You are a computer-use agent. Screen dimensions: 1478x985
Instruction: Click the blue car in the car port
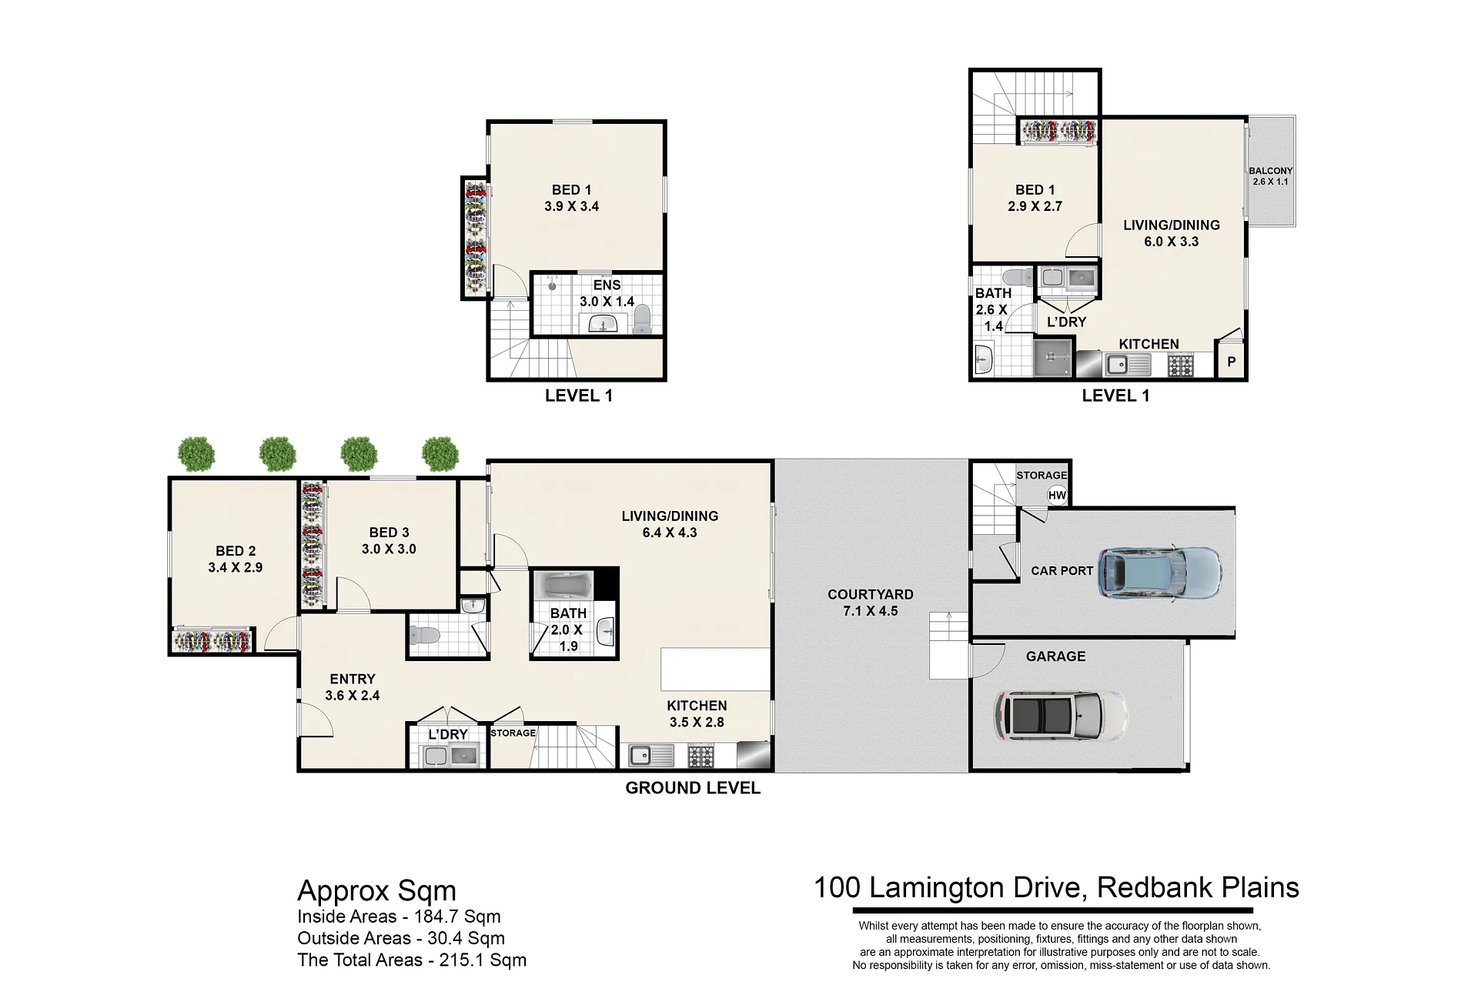click(1160, 573)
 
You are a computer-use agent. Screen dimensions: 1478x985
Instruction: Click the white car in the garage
click(1061, 716)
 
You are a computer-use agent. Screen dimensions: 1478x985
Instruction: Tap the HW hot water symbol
click(1057, 496)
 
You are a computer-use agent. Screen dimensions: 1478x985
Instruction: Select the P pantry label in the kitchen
click(1232, 361)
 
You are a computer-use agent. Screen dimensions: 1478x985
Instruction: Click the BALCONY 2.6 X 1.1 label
click(1270, 176)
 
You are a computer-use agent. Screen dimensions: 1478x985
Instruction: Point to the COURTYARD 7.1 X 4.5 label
click(871, 603)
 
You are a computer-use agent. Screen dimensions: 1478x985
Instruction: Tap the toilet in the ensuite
click(641, 319)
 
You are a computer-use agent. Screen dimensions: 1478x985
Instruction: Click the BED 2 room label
click(236, 551)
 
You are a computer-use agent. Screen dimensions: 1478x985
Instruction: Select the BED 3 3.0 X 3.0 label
click(389, 540)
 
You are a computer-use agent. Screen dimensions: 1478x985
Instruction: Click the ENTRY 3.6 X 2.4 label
click(353, 687)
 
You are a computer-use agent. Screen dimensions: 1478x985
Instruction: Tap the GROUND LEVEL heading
click(693, 788)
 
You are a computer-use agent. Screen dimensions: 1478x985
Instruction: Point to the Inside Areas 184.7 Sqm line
click(399, 917)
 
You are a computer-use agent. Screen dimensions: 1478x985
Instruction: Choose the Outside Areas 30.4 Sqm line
click(401, 938)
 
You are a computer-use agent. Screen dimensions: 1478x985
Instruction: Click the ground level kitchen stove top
click(701, 756)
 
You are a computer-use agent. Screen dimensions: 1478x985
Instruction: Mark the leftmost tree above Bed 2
click(196, 454)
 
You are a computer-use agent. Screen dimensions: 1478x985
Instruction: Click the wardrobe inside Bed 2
click(212, 640)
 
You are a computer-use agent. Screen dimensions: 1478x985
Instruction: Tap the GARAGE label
click(1055, 656)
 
